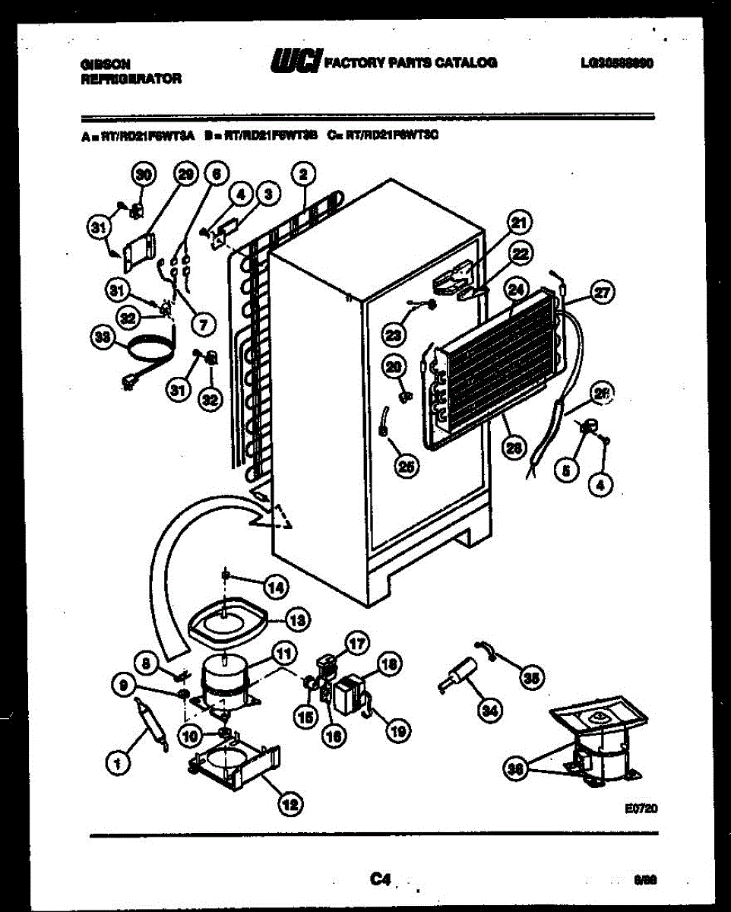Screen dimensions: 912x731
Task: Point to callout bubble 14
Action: [276, 586]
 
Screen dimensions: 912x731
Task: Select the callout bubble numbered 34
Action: [492, 711]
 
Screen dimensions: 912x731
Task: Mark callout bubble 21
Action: [519, 223]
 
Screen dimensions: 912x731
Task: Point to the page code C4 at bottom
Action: [380, 879]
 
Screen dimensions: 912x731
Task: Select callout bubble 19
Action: [396, 731]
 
